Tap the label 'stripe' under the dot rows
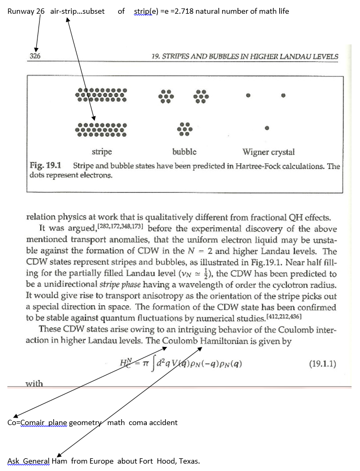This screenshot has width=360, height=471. tap(102, 152)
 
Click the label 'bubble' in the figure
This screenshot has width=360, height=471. tap(184, 152)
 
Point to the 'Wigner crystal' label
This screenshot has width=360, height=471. tap(268, 152)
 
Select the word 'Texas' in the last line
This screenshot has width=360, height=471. tap(188, 461)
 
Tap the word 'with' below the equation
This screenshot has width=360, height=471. tap(34, 383)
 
